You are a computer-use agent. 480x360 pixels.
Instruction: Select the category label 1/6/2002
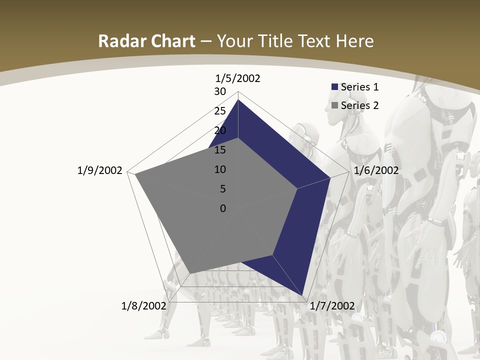click(x=376, y=170)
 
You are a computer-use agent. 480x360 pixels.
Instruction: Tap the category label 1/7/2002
click(x=332, y=306)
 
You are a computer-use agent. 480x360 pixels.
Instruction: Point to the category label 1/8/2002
click(x=143, y=306)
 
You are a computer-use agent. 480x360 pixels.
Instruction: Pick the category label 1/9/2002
click(x=100, y=170)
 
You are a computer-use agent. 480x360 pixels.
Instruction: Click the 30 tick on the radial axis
click(x=220, y=91)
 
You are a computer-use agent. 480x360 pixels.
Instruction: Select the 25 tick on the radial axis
click(x=220, y=111)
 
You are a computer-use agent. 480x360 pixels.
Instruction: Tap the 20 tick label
click(x=220, y=130)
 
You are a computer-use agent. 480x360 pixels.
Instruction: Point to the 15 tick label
click(x=220, y=150)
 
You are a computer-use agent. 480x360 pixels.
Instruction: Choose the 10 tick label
click(x=220, y=169)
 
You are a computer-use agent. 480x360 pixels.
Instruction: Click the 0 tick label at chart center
click(x=223, y=208)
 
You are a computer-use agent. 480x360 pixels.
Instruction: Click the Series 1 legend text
click(x=359, y=86)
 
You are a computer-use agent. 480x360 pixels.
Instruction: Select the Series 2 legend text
click(x=359, y=105)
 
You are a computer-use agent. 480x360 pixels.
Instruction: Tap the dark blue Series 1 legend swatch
click(x=334, y=87)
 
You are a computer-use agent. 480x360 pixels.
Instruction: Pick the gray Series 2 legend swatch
click(x=334, y=105)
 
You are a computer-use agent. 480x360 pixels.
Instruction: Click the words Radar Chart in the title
click(x=146, y=41)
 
